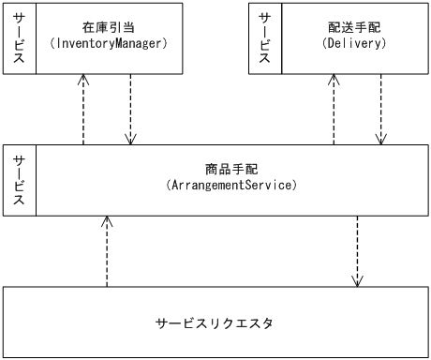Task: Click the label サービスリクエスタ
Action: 216,323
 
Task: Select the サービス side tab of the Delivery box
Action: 265,39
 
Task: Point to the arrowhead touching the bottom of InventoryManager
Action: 84,82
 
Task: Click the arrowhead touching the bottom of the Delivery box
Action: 334,82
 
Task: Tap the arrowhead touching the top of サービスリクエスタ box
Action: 357,280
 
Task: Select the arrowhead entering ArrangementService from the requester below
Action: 108,222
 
